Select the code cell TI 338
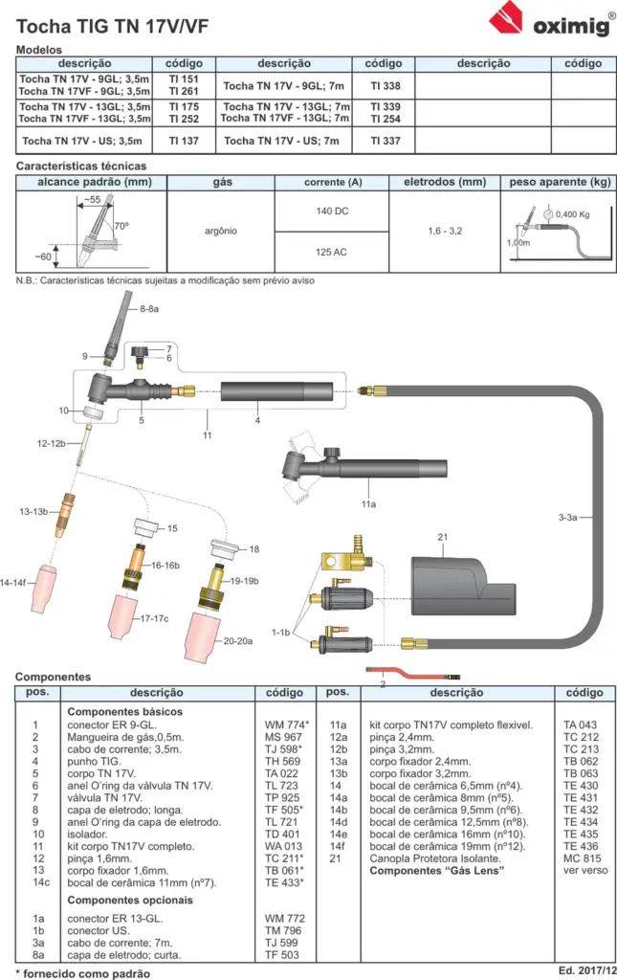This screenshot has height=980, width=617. [x=385, y=85]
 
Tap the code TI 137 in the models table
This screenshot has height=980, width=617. [x=184, y=141]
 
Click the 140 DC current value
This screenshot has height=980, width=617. [x=332, y=212]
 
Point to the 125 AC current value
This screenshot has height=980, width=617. [x=331, y=252]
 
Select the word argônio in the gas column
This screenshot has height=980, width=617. [x=220, y=231]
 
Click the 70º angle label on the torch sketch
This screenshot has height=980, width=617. [x=121, y=226]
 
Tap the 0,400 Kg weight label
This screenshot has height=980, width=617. [x=573, y=214]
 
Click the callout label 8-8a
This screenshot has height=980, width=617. [x=148, y=309]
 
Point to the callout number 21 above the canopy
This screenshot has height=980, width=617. [x=443, y=537]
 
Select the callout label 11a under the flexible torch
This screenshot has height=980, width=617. [x=368, y=503]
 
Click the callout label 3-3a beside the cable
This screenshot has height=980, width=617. [x=567, y=517]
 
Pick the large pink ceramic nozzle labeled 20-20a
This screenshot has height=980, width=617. [x=201, y=635]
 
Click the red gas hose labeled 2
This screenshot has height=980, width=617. [x=412, y=674]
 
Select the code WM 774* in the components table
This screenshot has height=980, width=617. [x=287, y=725]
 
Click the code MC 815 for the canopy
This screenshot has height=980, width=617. [x=582, y=858]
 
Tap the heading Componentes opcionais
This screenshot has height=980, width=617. [x=130, y=900]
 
